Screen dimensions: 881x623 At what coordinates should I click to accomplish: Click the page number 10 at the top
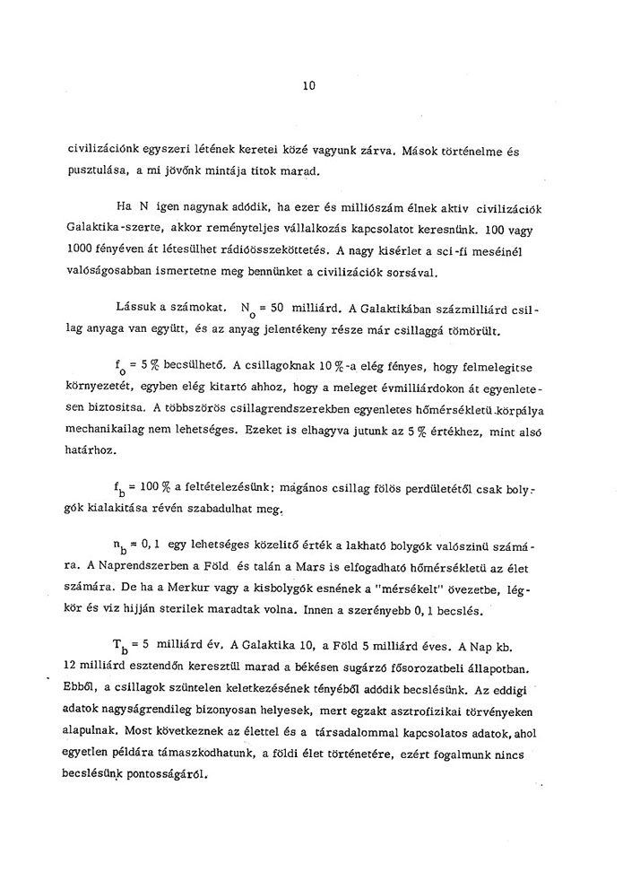tap(309, 87)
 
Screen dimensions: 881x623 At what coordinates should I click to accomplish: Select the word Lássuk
tap(135, 306)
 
